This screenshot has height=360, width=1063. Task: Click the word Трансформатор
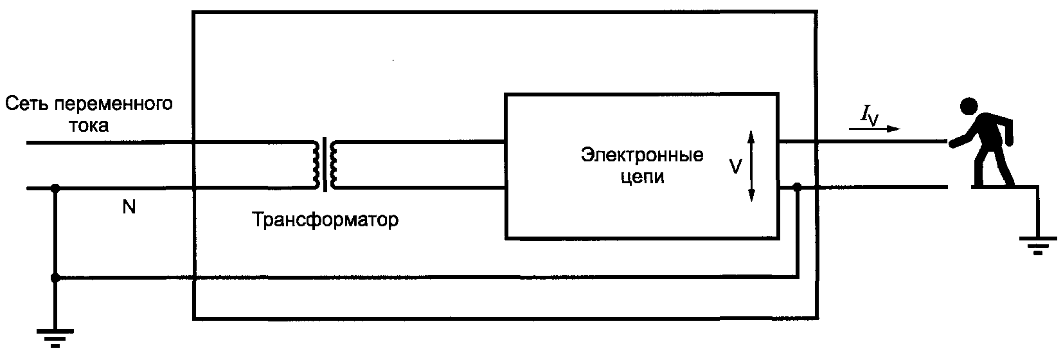pos(325,221)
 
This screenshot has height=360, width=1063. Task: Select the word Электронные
pos(643,155)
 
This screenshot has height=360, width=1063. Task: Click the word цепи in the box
pos(643,177)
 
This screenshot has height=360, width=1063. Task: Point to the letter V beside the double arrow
pos(737,166)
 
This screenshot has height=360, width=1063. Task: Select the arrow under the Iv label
pos(874,129)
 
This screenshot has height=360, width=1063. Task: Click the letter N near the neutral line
pos(129,208)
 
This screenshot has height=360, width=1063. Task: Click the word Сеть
pos(26,104)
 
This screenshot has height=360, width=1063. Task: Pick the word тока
pos(88,125)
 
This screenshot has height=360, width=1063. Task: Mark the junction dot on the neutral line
pos(55,188)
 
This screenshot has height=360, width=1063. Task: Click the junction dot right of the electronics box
pos(797,188)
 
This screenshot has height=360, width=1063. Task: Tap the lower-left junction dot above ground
pos(55,278)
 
